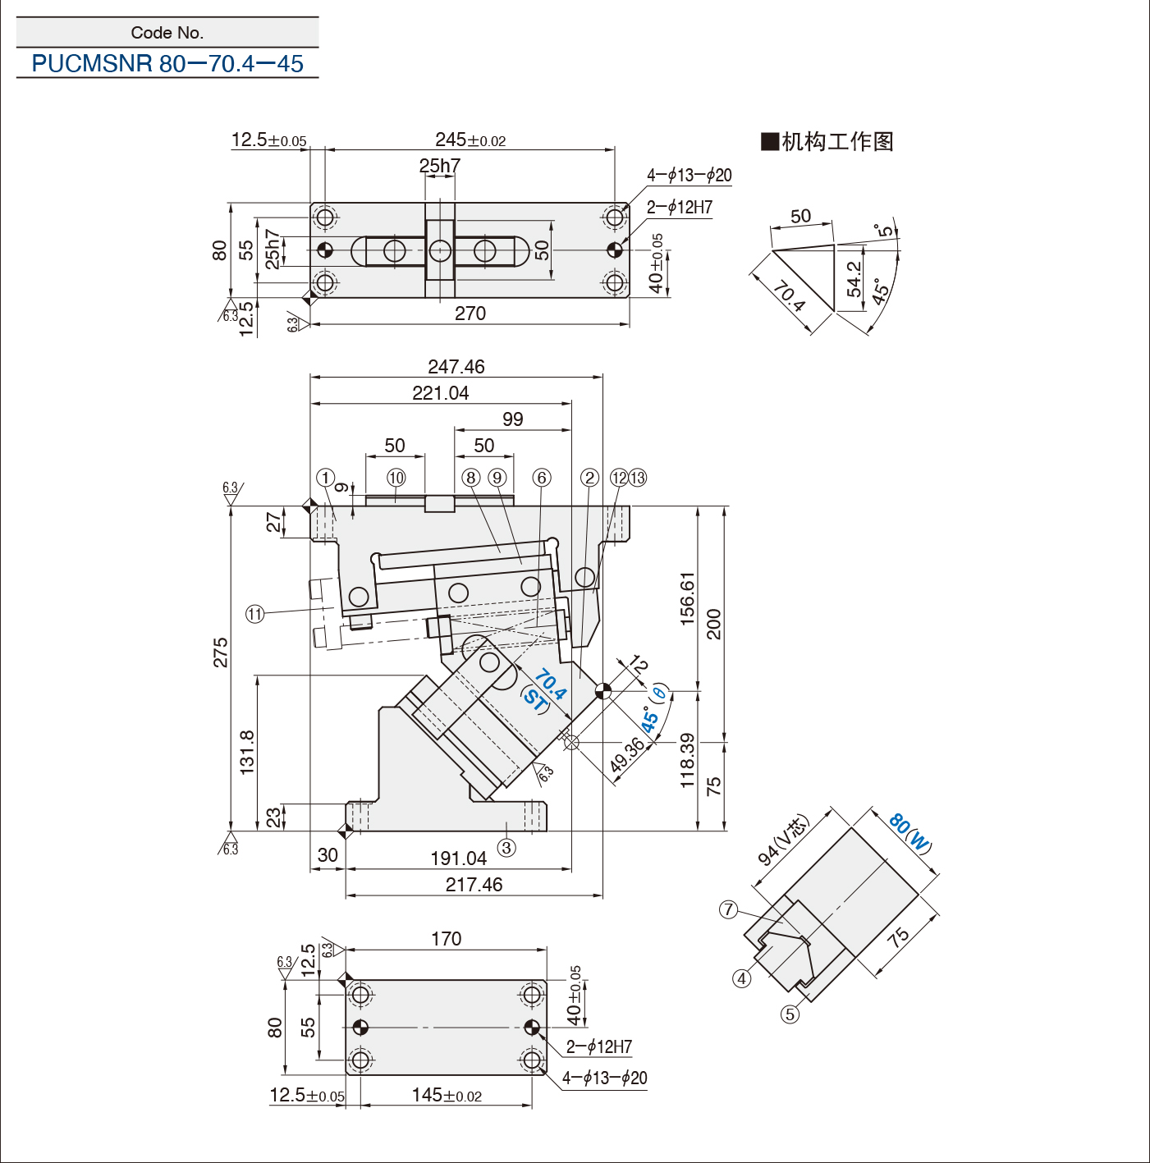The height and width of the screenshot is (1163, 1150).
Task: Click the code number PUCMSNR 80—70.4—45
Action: [167, 63]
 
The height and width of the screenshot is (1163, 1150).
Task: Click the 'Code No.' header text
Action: [167, 33]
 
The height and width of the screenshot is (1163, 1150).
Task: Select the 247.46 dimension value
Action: [456, 366]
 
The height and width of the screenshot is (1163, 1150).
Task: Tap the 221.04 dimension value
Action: [441, 393]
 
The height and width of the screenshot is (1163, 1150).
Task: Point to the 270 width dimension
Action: [470, 314]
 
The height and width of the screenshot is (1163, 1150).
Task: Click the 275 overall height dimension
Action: [221, 652]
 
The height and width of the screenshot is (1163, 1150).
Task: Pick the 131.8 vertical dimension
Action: [248, 752]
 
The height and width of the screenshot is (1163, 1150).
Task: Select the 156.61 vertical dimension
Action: [687, 598]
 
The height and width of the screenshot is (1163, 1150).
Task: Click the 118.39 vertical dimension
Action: [687, 761]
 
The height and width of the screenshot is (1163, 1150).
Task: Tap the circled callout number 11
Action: [255, 615]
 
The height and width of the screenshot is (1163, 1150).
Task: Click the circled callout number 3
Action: [506, 848]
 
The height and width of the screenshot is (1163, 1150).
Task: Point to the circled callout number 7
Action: [729, 909]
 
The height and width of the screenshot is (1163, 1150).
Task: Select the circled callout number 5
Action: [790, 1014]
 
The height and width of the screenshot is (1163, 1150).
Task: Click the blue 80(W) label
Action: [910, 834]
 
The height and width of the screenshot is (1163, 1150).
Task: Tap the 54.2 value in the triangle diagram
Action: [854, 279]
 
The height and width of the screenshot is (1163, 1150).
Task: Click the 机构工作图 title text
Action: [827, 142]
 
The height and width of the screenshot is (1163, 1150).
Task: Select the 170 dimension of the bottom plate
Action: [446, 938]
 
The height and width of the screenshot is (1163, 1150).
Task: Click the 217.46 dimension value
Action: [474, 884]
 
